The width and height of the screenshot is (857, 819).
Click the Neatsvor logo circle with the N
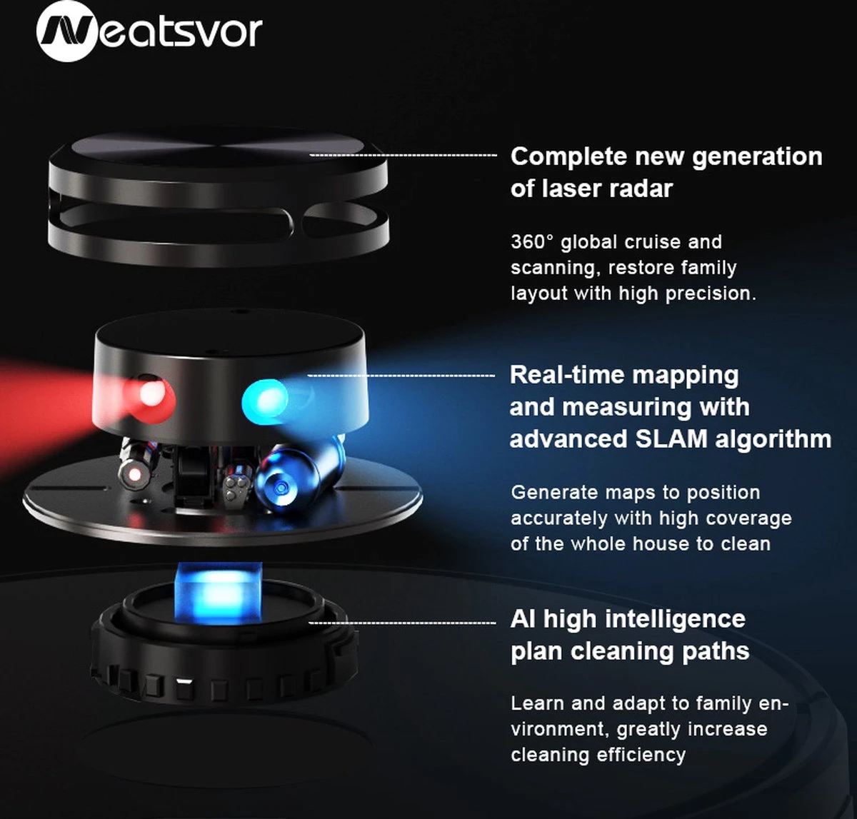coord(66,31)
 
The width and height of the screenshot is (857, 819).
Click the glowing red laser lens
coord(151,393)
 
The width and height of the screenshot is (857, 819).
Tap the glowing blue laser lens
coord(266,396)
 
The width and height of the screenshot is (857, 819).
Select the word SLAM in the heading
coord(671,438)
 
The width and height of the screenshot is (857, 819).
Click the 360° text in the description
coord(532,242)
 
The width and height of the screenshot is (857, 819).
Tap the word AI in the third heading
coord(523,619)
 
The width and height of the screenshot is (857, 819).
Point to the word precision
coord(710,293)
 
